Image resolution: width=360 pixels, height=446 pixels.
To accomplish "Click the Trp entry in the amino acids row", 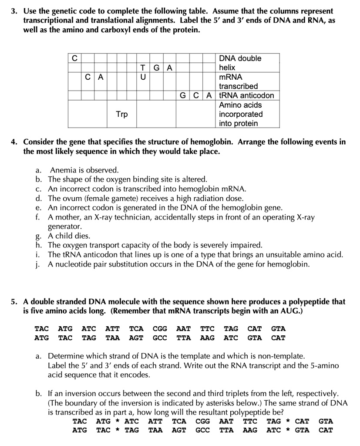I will coord(122,114).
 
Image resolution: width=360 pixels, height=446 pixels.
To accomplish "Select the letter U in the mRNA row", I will coord(143,77).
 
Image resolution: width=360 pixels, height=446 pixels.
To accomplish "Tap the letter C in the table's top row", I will coord(74,58).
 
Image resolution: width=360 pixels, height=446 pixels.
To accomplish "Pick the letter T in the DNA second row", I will coord(143,68).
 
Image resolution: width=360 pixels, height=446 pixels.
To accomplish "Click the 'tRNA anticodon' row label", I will coord(246,95).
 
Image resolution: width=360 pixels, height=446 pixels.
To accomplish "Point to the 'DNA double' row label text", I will coord(240,58).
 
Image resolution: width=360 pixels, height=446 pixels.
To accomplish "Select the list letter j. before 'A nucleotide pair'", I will coord(38,264).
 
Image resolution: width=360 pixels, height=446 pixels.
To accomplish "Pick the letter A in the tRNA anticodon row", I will coord(209,95).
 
